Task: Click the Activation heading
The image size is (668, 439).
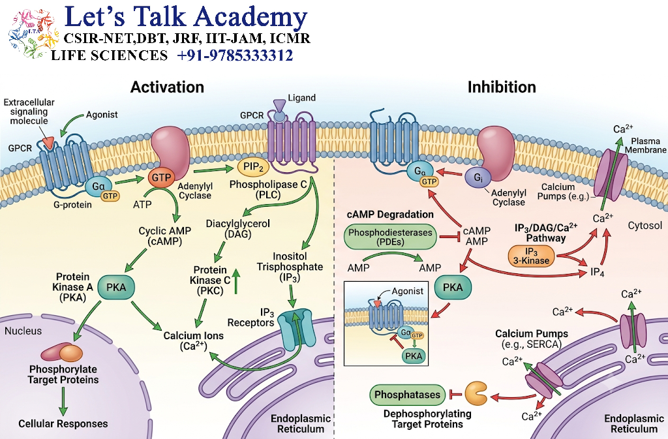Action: pos(167,87)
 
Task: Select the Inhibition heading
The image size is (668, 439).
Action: pos(502,87)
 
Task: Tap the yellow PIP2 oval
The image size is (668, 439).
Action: pos(254,167)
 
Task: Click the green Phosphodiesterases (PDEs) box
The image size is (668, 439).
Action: pos(390,237)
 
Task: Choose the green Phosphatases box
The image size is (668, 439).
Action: pos(407,395)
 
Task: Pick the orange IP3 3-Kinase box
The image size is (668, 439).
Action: pos(531,256)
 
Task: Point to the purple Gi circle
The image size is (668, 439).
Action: pos(478,177)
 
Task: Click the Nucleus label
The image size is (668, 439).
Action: pos(23,331)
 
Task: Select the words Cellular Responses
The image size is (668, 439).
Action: pos(63,424)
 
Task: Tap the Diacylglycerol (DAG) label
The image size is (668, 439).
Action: pos(237,229)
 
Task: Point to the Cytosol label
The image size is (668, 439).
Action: pos(645,226)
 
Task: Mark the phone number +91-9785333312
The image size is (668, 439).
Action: pos(235,55)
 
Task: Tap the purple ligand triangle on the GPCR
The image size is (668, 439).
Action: pos(279,105)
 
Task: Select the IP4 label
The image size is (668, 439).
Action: pos(598,271)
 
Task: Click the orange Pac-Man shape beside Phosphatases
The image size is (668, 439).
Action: pos(476,393)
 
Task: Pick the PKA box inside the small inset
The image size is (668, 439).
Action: pos(414,356)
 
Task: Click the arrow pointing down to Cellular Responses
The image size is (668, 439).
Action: pos(63,401)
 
